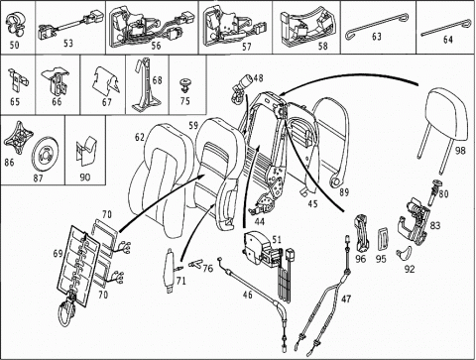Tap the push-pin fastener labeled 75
pos(184,85)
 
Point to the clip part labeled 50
pos(16,25)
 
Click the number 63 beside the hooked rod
pos(377,37)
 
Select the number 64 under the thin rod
pos(447,40)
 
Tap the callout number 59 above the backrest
pos(193,126)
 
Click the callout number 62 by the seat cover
pos(140,137)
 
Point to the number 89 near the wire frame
pos(344,192)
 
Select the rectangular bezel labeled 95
pos(384,239)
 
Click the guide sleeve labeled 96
pos(361,233)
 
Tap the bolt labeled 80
pos(434,193)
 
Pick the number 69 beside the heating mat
pos(59,254)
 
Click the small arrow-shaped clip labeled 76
pos(195,264)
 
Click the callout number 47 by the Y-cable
pos(346,299)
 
